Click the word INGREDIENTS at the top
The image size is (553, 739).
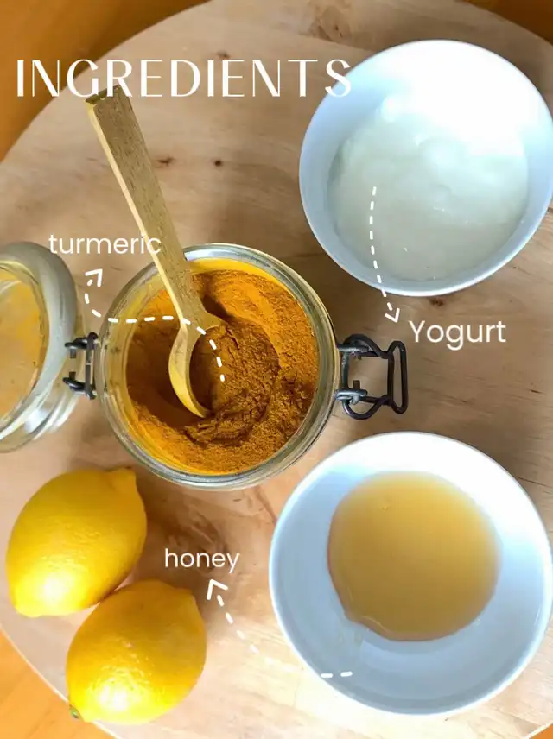(x=183, y=79)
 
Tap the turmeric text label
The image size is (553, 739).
(x=105, y=244)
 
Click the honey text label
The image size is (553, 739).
(x=202, y=559)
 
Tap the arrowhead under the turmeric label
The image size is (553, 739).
(x=94, y=276)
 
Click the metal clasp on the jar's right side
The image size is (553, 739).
(x=372, y=376)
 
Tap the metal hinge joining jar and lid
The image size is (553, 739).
(x=81, y=365)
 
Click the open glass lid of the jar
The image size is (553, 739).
(x=33, y=346)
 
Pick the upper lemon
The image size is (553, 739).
(x=76, y=542)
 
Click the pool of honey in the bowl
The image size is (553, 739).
(x=413, y=556)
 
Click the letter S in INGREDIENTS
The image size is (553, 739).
(x=338, y=79)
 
